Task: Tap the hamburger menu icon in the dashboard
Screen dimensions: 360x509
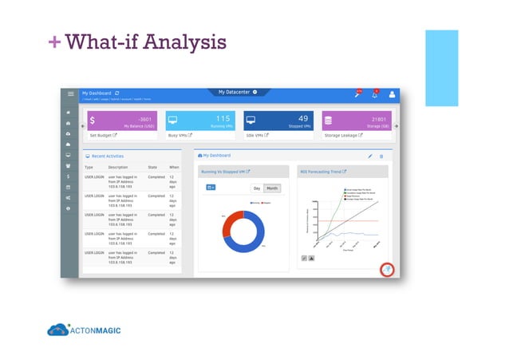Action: [70, 94]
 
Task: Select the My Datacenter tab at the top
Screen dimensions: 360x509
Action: [237, 93]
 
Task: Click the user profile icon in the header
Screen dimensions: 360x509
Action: [392, 94]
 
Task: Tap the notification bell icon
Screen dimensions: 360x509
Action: [375, 94]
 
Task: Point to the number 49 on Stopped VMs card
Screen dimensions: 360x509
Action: [302, 119]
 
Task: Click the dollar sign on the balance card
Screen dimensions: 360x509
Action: [93, 121]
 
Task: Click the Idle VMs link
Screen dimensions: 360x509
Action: [259, 136]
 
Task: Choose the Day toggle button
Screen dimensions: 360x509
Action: [256, 188]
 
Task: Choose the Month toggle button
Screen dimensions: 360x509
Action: [272, 188]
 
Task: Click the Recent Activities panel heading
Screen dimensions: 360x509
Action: [108, 156]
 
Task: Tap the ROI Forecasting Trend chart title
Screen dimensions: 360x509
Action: [320, 172]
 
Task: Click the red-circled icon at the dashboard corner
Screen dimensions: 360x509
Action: [386, 270]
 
